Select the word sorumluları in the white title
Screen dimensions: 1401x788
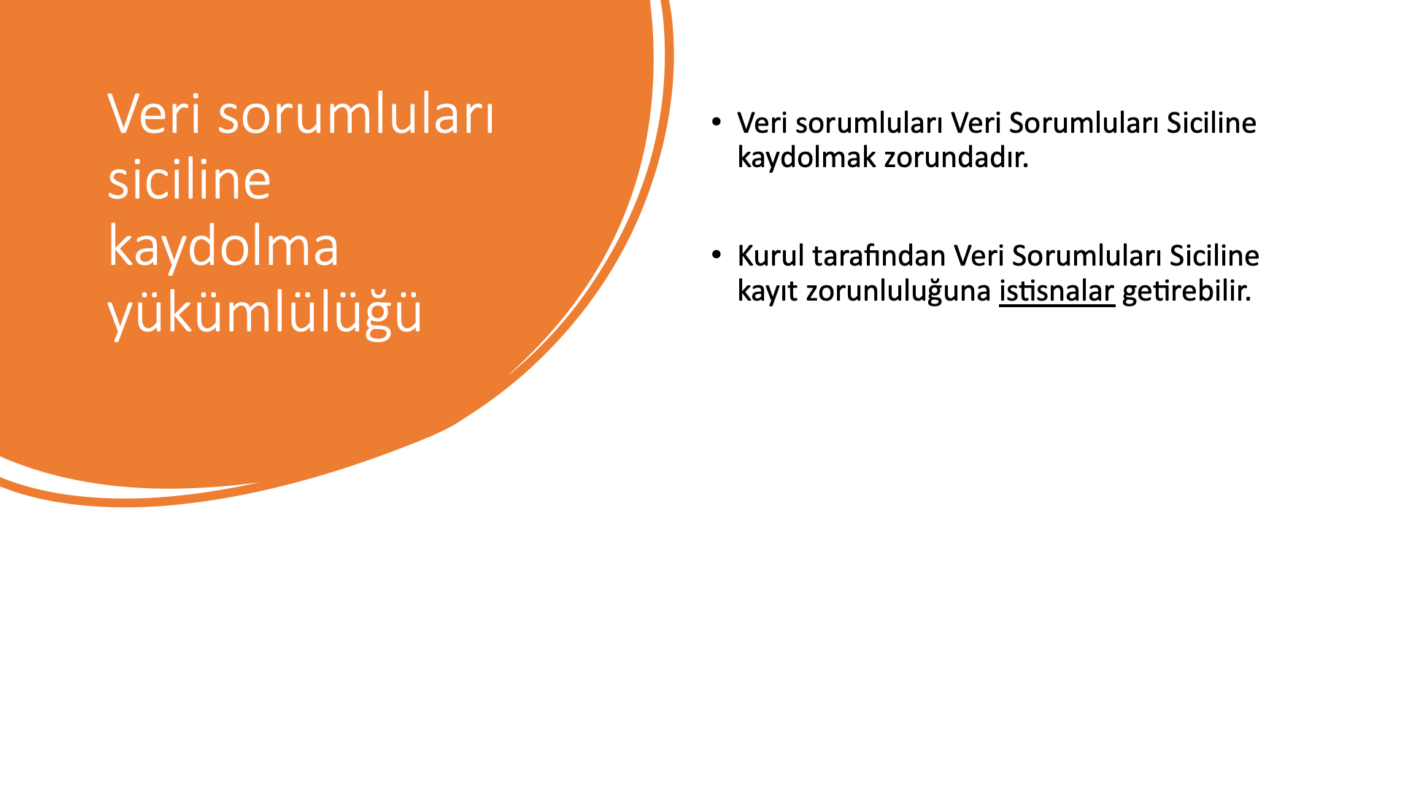click(x=356, y=115)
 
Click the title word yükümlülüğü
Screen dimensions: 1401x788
click(x=265, y=312)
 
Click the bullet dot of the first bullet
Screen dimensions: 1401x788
click(x=717, y=122)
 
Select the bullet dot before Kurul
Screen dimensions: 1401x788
click(x=717, y=255)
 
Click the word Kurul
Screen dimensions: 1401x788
click(x=771, y=255)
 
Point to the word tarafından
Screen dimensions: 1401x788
click(x=879, y=255)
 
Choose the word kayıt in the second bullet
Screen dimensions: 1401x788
click(x=768, y=291)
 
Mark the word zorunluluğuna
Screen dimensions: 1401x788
click(x=898, y=291)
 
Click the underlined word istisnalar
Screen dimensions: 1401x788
click(x=1057, y=291)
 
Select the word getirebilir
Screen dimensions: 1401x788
click(x=1186, y=291)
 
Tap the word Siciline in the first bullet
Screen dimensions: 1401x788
click(x=1211, y=123)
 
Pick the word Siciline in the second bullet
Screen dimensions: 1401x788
click(x=1214, y=255)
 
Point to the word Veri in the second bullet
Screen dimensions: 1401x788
click(x=979, y=255)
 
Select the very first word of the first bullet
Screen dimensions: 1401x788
click(x=763, y=123)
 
